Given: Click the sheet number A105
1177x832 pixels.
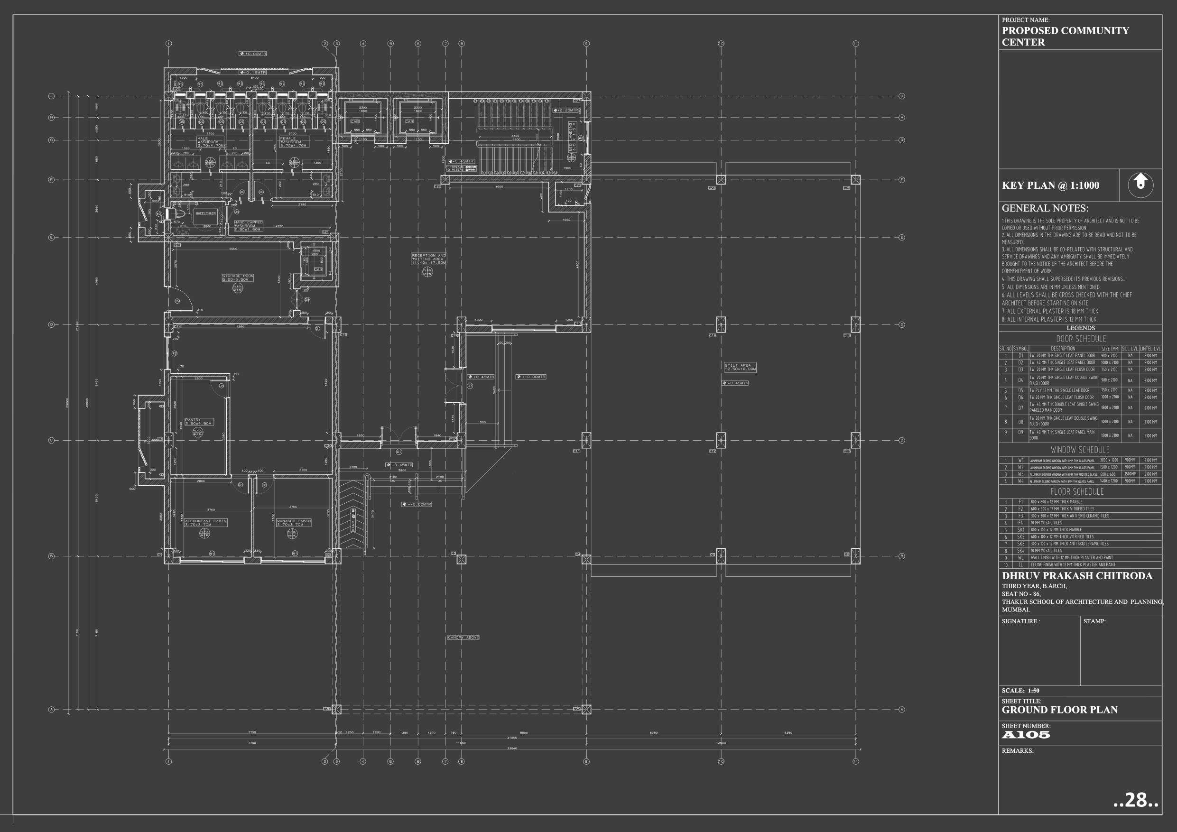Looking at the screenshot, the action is (x=1026, y=735).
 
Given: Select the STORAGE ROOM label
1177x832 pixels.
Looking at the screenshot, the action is (x=238, y=277).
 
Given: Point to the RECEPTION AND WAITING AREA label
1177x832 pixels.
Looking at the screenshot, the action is (x=428, y=259).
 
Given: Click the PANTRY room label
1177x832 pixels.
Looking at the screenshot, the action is (x=198, y=421).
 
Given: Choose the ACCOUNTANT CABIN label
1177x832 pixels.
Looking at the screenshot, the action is (x=205, y=522).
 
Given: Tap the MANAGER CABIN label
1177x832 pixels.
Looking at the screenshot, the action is (x=294, y=522).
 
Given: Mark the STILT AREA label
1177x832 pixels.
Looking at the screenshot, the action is (x=740, y=367).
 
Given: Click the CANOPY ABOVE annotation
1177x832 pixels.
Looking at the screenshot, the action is (x=463, y=637).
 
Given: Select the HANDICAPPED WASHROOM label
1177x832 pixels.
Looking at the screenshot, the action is (x=249, y=226).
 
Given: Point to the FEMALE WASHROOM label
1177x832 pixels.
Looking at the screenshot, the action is (x=293, y=141).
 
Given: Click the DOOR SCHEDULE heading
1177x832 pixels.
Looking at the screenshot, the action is (x=1081, y=339).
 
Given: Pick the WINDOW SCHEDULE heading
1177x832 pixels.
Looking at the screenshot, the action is (x=1080, y=450).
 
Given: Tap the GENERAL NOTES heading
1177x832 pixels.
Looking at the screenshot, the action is (x=1045, y=208).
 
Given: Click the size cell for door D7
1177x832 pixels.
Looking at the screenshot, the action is (x=1110, y=407).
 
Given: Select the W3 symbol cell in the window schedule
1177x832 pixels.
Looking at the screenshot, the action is (x=1020, y=474).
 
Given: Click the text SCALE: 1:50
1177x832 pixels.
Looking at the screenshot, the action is (x=1020, y=691).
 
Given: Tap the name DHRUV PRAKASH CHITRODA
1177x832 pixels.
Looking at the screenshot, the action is (x=1076, y=576).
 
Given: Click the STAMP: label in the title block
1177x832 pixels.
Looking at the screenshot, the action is (x=1094, y=621).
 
